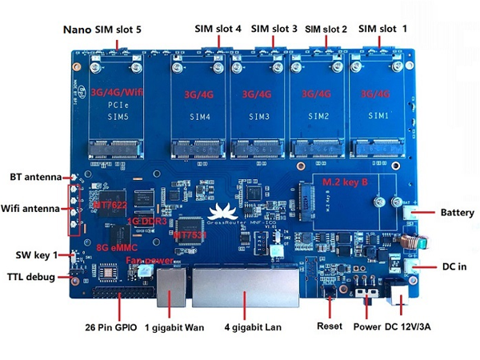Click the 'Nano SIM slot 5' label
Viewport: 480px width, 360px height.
click(x=102, y=29)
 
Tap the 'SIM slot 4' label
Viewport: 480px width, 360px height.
click(x=218, y=29)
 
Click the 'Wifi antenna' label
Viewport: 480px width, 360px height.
click(x=31, y=209)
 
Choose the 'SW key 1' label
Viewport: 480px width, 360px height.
click(x=36, y=255)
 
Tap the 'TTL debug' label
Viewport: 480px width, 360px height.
click(x=32, y=277)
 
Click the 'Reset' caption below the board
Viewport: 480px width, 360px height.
click(x=330, y=328)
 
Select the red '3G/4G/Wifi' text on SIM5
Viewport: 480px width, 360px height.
click(x=117, y=92)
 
